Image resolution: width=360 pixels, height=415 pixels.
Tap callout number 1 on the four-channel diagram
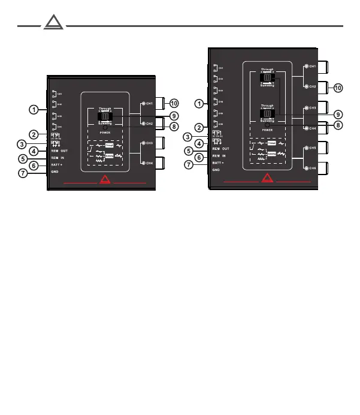coord(35,110)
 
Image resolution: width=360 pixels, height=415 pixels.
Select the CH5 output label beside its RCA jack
coord(312,148)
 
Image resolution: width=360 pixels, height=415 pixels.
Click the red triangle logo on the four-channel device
coord(105,178)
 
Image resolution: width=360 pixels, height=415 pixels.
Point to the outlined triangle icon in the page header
coord(52,25)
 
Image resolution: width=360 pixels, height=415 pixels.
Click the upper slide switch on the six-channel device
coord(267,77)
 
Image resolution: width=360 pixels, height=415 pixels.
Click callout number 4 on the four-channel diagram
coord(35,151)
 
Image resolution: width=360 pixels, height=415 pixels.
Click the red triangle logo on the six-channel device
coord(268,178)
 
